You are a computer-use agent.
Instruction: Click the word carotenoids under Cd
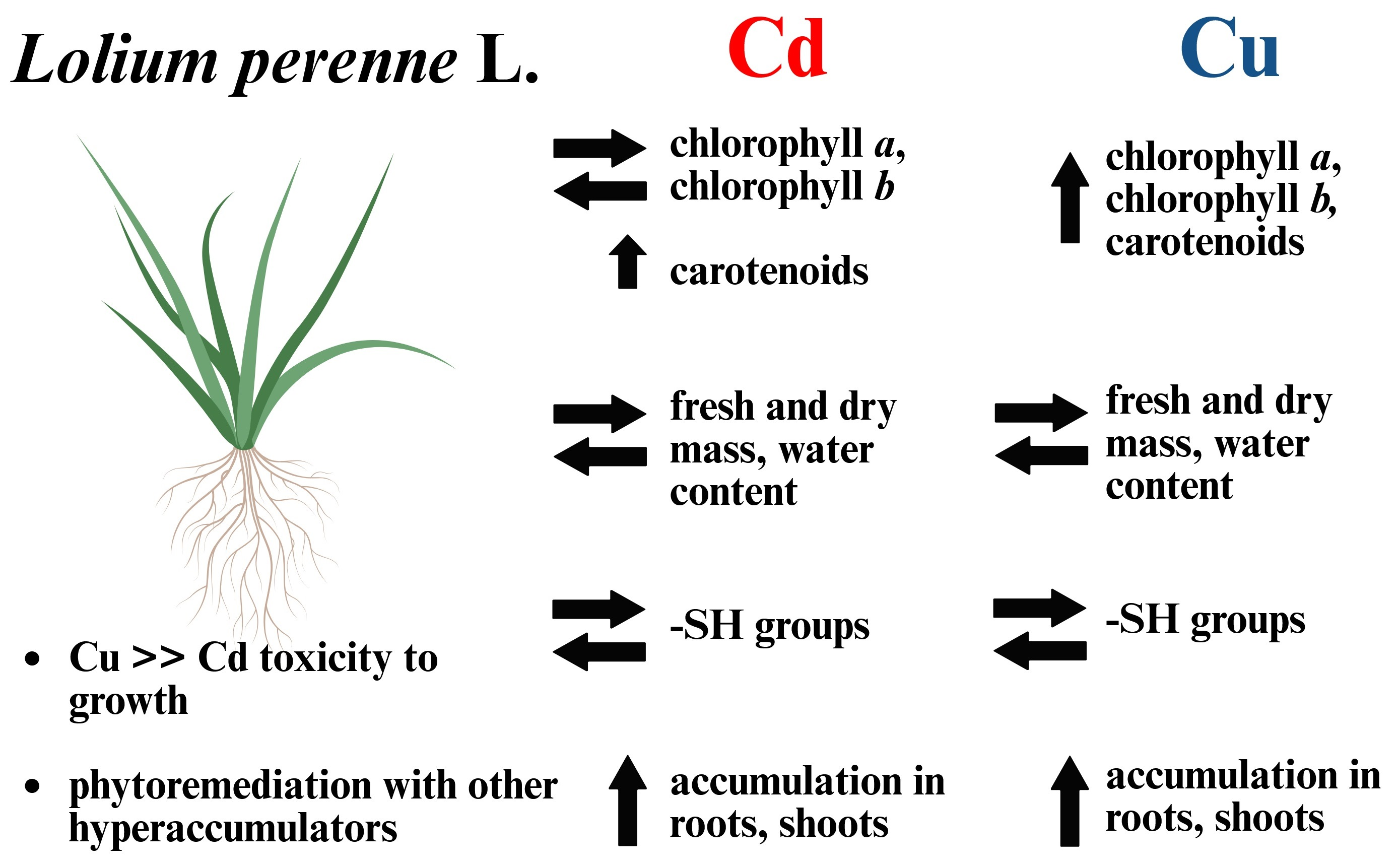tap(769, 271)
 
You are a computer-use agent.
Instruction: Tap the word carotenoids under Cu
tap(1205, 241)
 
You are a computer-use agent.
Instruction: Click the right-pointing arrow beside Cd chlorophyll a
tap(599, 148)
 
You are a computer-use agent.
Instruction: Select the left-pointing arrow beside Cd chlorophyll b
tap(599, 190)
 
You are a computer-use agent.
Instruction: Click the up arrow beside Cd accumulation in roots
tap(627, 800)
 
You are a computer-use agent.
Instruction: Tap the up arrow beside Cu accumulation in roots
tap(1070, 801)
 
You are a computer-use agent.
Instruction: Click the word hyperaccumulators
tap(233, 829)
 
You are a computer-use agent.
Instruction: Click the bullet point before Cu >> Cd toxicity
tap(32, 659)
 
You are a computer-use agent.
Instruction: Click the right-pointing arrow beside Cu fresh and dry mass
tap(1041, 412)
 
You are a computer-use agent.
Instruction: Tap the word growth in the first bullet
tap(128, 702)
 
